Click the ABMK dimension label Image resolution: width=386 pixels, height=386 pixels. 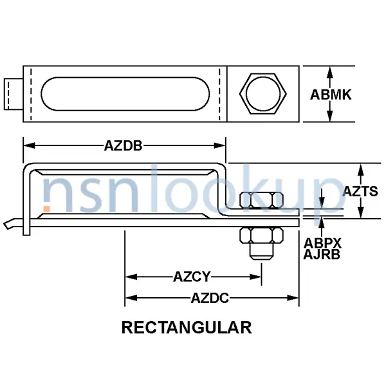point(331,95)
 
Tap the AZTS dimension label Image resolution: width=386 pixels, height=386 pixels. point(363,191)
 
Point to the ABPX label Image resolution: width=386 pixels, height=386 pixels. point(323,243)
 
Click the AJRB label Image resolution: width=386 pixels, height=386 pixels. point(323,254)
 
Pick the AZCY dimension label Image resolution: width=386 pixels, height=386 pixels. point(192,277)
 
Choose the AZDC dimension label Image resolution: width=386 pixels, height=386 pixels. point(211,298)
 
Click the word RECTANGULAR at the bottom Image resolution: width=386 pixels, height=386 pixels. point(187,327)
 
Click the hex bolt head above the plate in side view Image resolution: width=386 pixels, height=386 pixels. point(261,200)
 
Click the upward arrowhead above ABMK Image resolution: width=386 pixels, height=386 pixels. point(330,71)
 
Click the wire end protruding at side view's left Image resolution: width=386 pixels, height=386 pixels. point(8,225)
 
